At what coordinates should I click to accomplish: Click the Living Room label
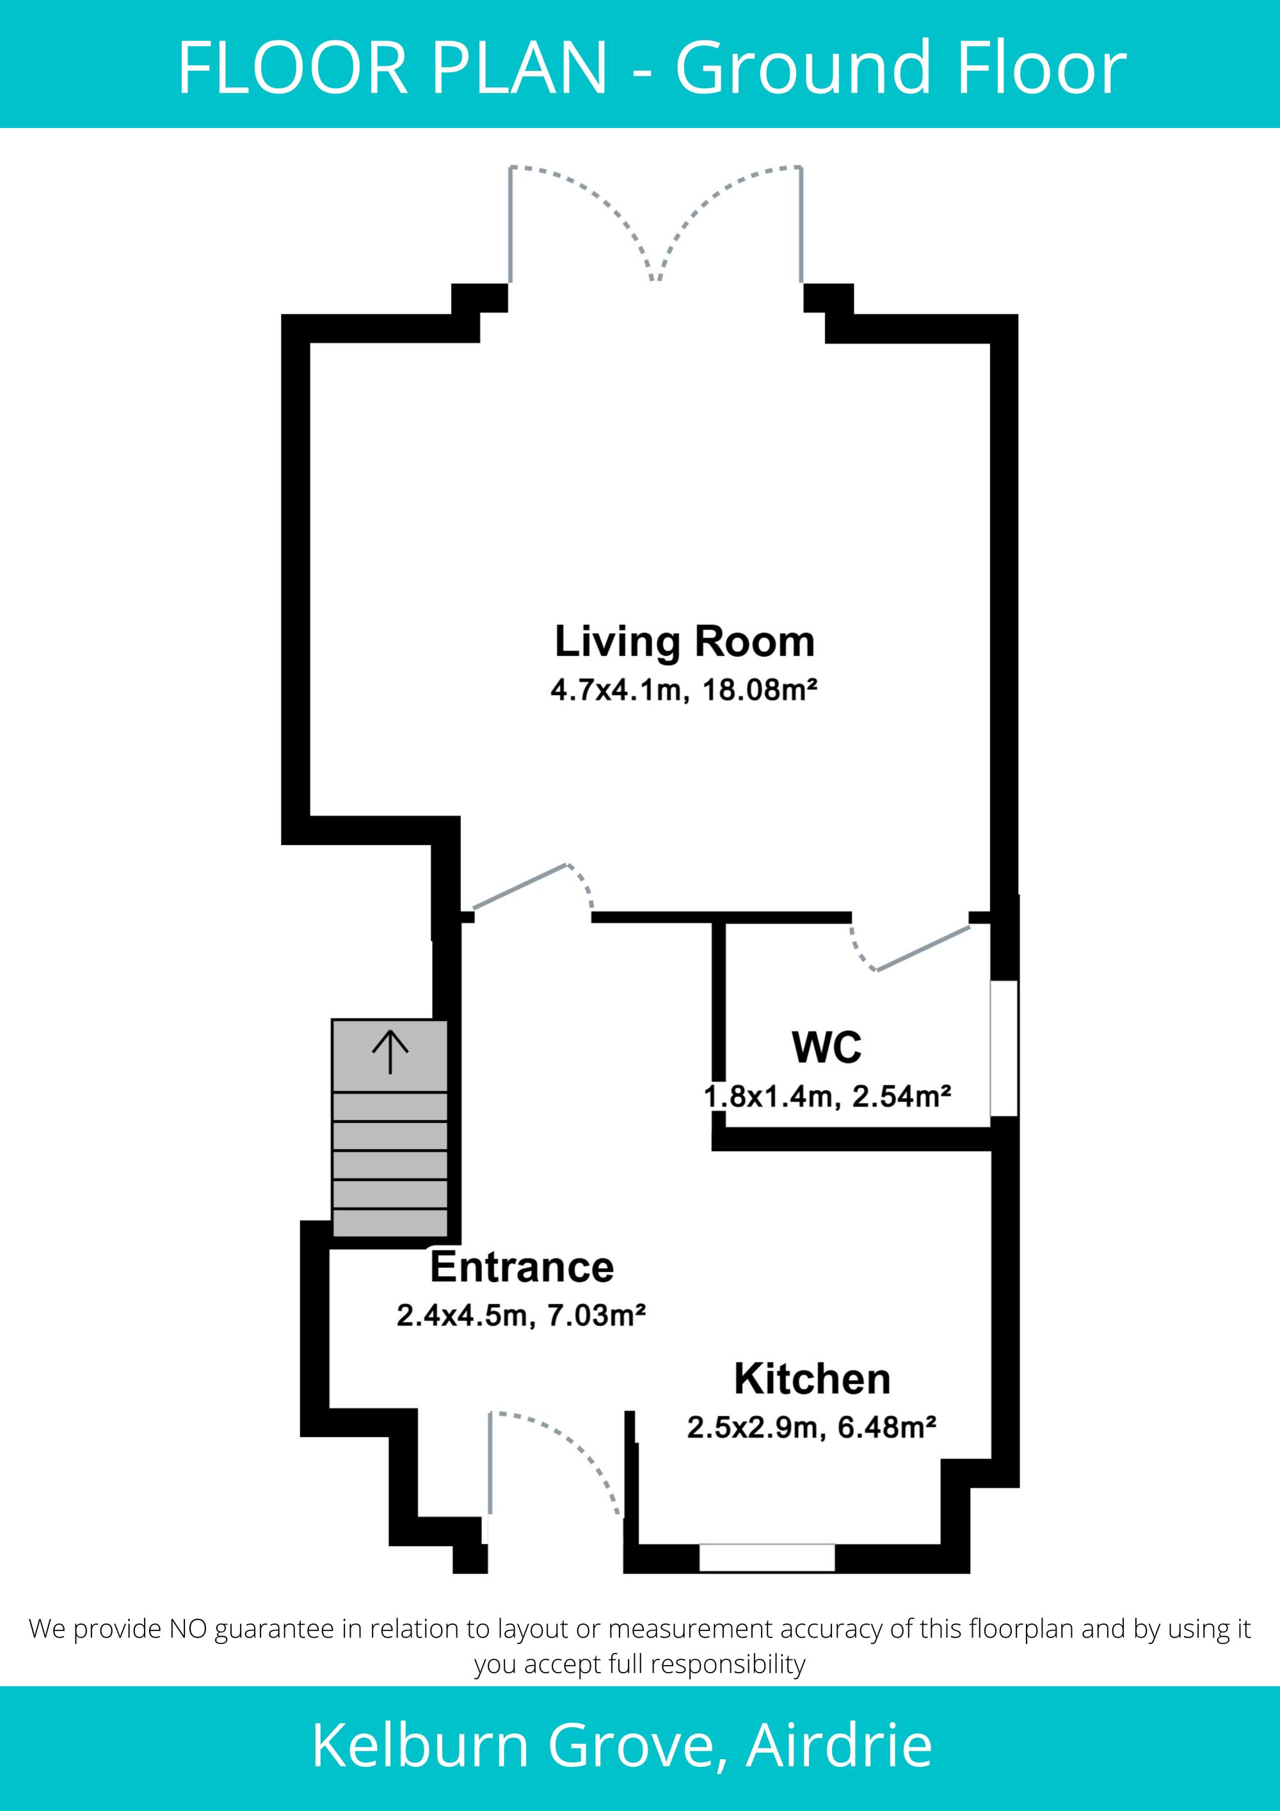[685, 643]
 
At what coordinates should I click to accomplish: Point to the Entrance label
[522, 1267]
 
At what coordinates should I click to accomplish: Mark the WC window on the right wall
[1004, 1049]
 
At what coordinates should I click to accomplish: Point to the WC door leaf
[923, 947]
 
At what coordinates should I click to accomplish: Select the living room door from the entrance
[520, 886]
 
